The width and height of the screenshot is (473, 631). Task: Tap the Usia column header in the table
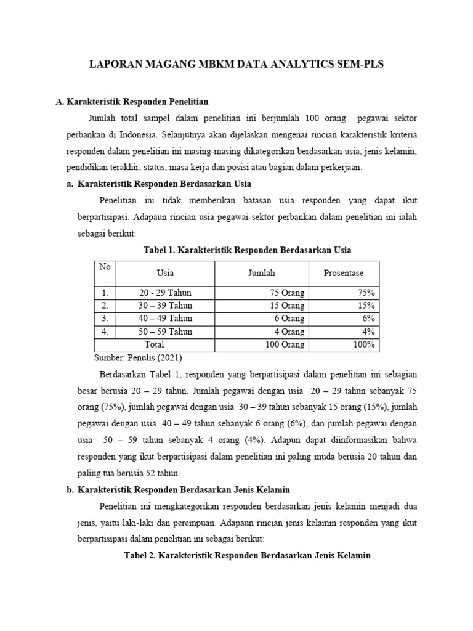tap(165, 273)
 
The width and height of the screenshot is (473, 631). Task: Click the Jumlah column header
tap(261, 273)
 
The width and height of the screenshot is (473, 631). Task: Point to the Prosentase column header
tap(344, 273)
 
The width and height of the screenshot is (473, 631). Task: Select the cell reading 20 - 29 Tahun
tap(165, 293)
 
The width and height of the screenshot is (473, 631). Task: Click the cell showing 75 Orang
tap(284, 293)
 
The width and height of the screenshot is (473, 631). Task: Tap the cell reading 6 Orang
tap(286, 319)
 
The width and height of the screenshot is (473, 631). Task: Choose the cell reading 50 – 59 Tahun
tap(165, 332)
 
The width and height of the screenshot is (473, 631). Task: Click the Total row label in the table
tap(154, 344)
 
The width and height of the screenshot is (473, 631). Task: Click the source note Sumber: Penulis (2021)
tap(139, 358)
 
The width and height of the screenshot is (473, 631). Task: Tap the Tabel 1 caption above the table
tap(247, 250)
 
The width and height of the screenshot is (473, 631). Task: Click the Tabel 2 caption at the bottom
tap(248, 555)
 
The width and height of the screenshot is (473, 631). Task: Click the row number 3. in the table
tap(105, 319)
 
